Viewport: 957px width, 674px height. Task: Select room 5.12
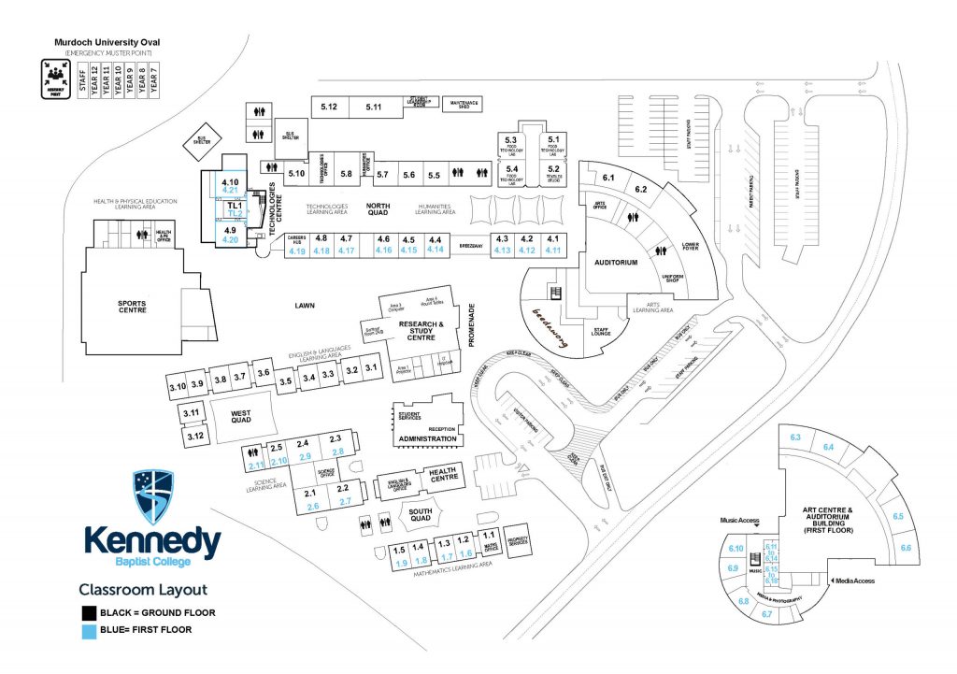(328, 107)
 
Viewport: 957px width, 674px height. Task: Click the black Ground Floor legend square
(89, 613)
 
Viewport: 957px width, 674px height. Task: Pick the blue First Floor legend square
(89, 630)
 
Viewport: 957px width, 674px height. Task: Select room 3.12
(193, 436)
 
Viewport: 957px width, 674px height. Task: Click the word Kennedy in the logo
(151, 541)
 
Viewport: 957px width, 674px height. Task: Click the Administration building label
(427, 438)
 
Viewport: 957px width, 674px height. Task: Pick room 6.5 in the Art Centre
(897, 516)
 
